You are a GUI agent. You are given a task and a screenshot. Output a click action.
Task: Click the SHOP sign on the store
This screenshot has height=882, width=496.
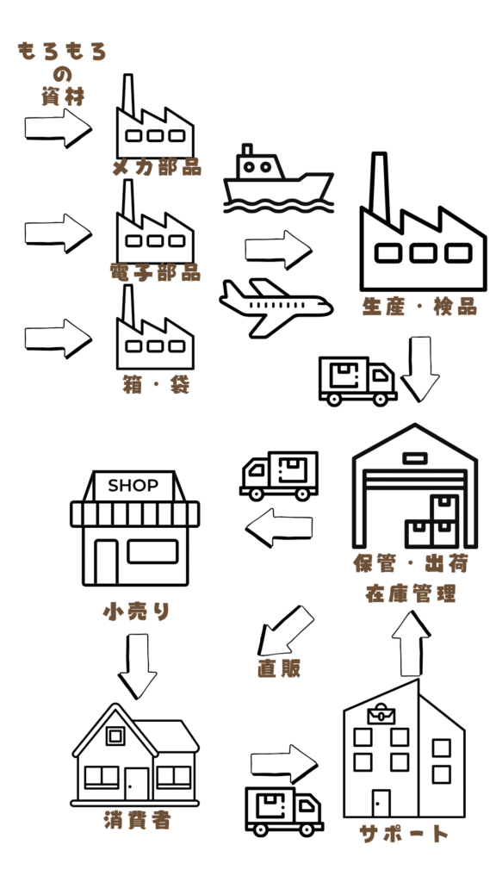(133, 486)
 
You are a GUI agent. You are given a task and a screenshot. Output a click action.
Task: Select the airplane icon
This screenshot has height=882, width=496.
(276, 307)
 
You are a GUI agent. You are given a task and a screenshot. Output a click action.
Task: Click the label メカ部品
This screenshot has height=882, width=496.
(157, 167)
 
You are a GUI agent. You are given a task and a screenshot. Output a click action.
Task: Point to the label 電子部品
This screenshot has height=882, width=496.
(156, 272)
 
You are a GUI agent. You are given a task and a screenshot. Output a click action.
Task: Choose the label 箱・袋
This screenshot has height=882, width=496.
(156, 385)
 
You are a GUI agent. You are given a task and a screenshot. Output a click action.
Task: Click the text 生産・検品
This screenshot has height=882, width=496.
(419, 307)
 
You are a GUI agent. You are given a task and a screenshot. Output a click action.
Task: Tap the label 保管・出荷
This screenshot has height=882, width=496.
(411, 563)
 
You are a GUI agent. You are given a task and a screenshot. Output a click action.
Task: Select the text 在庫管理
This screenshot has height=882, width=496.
(411, 593)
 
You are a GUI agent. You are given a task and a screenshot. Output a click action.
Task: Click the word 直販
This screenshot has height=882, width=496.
(279, 668)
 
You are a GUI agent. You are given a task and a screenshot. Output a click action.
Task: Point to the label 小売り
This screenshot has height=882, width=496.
(137, 612)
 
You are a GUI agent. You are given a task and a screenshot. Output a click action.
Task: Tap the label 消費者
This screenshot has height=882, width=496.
(137, 821)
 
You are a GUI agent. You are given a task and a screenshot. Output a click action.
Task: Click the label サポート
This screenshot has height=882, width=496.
(405, 833)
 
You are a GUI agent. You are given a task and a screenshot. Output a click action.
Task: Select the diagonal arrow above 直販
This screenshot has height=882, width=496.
(285, 630)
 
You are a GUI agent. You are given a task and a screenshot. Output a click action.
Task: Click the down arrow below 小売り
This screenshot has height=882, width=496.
(137, 666)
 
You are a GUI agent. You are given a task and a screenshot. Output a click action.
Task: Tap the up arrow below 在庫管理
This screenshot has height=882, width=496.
(411, 643)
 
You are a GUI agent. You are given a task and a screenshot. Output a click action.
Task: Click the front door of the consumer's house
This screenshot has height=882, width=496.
(136, 784)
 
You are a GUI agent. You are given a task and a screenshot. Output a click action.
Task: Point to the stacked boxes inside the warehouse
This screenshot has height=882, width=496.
(431, 521)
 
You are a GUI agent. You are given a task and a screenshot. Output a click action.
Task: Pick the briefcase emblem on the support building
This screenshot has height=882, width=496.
(381, 714)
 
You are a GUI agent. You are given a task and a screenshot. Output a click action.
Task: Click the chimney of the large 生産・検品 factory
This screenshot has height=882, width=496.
(380, 187)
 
